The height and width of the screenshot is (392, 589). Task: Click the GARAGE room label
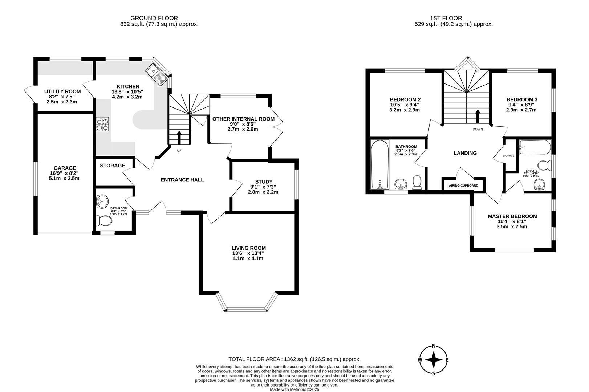pyautogui.click(x=65, y=168)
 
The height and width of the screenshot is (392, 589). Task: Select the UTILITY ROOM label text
pyautogui.click(x=62, y=91)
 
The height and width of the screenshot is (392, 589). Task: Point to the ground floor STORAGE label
pyautogui.click(x=113, y=166)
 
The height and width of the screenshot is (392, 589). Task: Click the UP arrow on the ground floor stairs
pyautogui.click(x=179, y=137)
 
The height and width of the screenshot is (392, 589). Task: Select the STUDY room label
pyautogui.click(x=264, y=182)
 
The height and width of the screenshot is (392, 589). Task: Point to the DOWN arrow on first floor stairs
pyautogui.click(x=478, y=116)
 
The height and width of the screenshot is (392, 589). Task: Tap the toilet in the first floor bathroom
pyautogui.click(x=417, y=182)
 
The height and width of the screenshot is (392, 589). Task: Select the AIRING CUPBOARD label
pyautogui.click(x=463, y=185)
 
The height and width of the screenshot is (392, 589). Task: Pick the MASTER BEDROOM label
pyautogui.click(x=512, y=216)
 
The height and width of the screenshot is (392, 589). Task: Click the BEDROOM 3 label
pyautogui.click(x=521, y=99)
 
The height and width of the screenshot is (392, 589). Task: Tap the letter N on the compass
pyautogui.click(x=433, y=346)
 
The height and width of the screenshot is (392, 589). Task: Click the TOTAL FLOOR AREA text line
pyautogui.click(x=294, y=359)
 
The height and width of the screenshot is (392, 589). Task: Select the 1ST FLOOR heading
pyautogui.click(x=446, y=18)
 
